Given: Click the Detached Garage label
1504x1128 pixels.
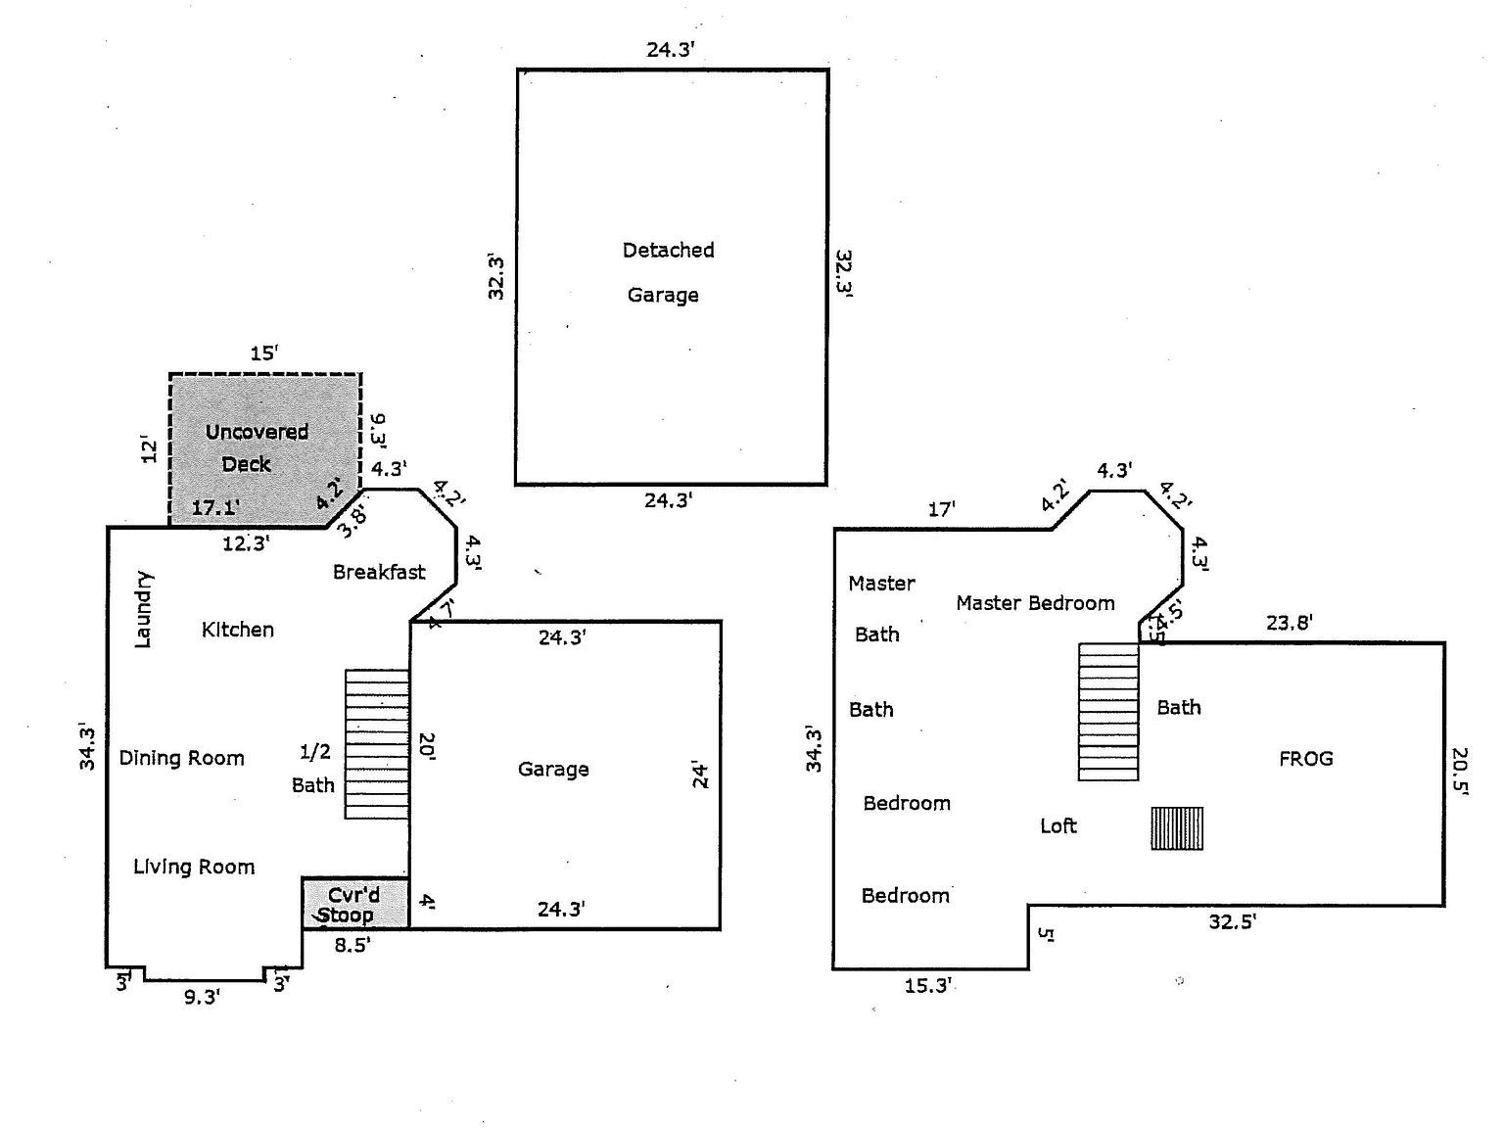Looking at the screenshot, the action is [x=668, y=272].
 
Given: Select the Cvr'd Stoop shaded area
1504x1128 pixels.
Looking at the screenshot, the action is [x=355, y=904].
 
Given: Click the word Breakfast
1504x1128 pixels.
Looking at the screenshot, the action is [x=379, y=572].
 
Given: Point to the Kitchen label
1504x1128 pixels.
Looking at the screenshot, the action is [x=237, y=630].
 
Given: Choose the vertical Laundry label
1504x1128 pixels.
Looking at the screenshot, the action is [x=142, y=610].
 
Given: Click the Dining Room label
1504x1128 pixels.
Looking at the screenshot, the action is [x=181, y=758].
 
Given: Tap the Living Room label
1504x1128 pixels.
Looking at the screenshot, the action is [x=194, y=867].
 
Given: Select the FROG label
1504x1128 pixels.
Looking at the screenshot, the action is [x=1306, y=758].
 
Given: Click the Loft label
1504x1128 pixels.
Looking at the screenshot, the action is [x=1057, y=825].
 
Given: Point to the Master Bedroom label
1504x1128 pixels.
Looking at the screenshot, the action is [x=1035, y=603].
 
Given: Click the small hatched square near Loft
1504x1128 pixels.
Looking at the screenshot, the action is [x=1177, y=828].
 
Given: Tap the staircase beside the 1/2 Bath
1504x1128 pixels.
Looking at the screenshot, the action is [x=377, y=744].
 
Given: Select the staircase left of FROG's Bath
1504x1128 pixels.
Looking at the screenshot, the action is [x=1108, y=712].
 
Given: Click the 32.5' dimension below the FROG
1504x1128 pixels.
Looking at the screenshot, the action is [x=1232, y=921].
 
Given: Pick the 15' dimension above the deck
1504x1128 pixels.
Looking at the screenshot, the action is [x=263, y=353].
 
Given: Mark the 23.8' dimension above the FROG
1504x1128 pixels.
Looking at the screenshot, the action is [x=1289, y=622].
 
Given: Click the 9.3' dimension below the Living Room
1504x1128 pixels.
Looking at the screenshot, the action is [x=201, y=997].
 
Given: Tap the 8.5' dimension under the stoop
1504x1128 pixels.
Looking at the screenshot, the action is [x=352, y=945].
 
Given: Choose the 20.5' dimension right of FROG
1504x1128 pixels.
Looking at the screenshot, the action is [x=1460, y=772].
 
